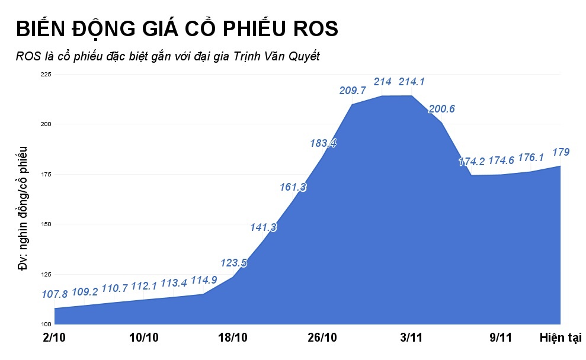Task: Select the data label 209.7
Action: [353, 91]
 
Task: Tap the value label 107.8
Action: [55, 294]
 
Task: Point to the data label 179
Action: [560, 152]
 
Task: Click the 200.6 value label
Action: [441, 109]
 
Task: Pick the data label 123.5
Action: [233, 262]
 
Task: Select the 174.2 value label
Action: [471, 161]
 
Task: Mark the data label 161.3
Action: [293, 187]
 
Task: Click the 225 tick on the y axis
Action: [46, 74]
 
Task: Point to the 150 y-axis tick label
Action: [46, 224]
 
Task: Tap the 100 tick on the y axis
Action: [46, 324]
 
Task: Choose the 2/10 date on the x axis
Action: [55, 338]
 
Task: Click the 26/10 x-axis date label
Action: [322, 338]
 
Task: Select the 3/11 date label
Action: [411, 338]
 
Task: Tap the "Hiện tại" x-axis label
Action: [561, 338]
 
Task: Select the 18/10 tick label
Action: [233, 338]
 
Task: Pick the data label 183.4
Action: [323, 143]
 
